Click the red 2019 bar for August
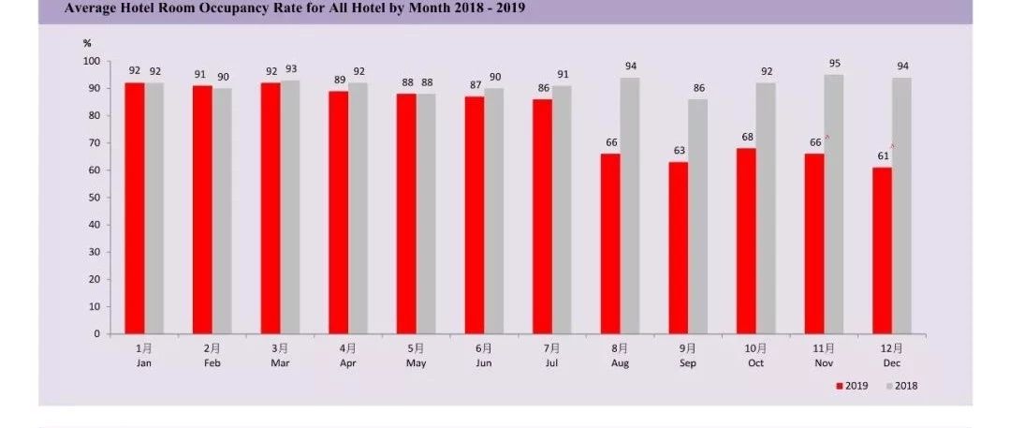[610, 244]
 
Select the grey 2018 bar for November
[834, 204]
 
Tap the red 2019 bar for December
[883, 251]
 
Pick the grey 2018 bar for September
[697, 216]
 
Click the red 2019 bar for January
[135, 208]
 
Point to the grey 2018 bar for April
[359, 208]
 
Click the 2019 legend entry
[852, 386]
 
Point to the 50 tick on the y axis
[95, 198]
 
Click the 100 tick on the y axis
[92, 61]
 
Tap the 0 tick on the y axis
[97, 334]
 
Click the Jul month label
[551, 362]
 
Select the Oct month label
[756, 362]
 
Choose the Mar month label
[280, 362]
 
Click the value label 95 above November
[835, 64]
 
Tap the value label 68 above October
[747, 138]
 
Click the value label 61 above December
[883, 156]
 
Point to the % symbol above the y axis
[87, 43]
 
